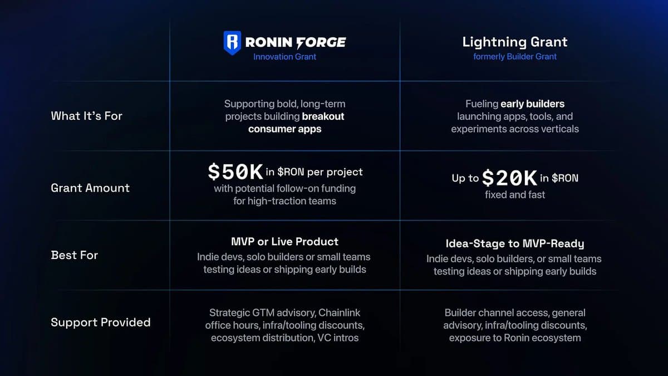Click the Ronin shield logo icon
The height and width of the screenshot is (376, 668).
click(x=232, y=42)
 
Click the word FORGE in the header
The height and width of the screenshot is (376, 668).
click(x=321, y=42)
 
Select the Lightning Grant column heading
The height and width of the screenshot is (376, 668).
click(x=515, y=42)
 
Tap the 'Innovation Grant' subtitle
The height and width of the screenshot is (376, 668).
click(x=284, y=57)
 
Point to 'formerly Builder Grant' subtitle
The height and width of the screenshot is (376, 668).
click(x=515, y=57)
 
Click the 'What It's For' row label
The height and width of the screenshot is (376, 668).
click(x=86, y=116)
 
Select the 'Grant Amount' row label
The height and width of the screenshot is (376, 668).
click(x=90, y=188)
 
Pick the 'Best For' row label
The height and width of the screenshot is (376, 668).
click(x=74, y=255)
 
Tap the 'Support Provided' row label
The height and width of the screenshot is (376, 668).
click(x=100, y=323)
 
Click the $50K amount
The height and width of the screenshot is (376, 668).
click(x=235, y=173)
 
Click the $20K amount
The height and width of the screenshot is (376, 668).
click(x=509, y=178)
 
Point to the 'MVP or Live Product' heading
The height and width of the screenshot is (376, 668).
click(x=284, y=242)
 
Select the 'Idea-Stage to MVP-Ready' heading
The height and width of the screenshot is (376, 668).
click(x=515, y=244)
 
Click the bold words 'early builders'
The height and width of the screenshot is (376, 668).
click(x=532, y=104)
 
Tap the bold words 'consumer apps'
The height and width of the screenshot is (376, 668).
click(x=284, y=129)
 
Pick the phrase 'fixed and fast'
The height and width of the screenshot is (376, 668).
click(x=515, y=195)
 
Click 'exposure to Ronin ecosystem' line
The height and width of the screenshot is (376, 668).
click(x=515, y=338)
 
